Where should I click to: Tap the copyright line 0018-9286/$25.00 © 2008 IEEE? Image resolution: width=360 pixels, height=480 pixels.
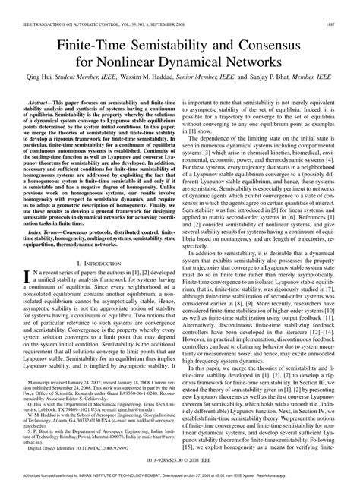pyautogui.click(x=180, y=460)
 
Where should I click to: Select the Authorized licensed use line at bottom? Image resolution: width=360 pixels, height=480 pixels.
pyautogui.click(x=180, y=475)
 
